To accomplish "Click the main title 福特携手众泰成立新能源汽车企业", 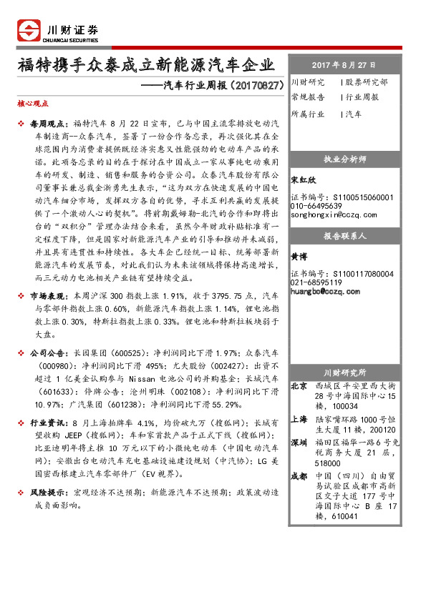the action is tap(145, 66).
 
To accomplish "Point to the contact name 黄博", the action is tap(299, 255).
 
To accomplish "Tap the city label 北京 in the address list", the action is tap(299, 386).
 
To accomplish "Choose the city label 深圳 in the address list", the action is tap(299, 442).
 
